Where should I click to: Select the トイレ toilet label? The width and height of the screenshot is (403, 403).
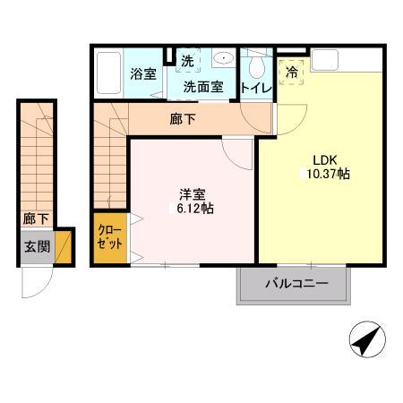(256, 88)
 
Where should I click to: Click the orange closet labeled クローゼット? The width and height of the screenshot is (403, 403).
(111, 238)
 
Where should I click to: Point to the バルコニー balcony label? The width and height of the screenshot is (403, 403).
(295, 284)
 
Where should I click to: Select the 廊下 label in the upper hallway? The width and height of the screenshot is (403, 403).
(182, 118)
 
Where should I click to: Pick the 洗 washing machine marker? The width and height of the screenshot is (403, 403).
(187, 62)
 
